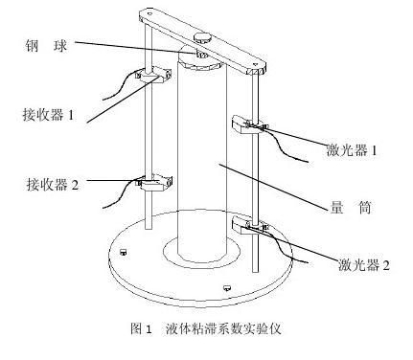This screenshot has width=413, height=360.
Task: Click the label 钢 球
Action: point(46,46)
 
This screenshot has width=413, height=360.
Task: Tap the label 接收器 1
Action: point(48,115)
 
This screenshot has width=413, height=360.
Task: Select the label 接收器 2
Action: point(53,184)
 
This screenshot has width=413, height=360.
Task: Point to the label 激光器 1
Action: point(352,149)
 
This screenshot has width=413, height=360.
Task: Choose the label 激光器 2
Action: point(364,264)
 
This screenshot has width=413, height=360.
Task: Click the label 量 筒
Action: point(350,208)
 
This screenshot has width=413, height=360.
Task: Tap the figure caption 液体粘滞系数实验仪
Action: point(223,328)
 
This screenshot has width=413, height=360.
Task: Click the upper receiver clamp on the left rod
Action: point(154,75)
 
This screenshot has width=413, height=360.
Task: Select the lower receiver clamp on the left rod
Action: point(154,183)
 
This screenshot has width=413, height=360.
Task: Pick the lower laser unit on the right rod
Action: point(250,225)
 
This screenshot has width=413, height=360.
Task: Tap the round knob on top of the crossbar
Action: point(202,38)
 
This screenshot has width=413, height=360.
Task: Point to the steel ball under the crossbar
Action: point(202,55)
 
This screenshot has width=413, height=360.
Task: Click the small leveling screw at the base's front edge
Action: point(227,287)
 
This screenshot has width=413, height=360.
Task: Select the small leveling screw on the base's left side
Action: point(124,252)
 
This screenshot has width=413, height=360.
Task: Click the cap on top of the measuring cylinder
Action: point(198,62)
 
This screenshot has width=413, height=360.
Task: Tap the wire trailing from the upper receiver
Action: point(121,83)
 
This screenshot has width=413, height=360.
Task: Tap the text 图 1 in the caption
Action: point(141,328)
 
